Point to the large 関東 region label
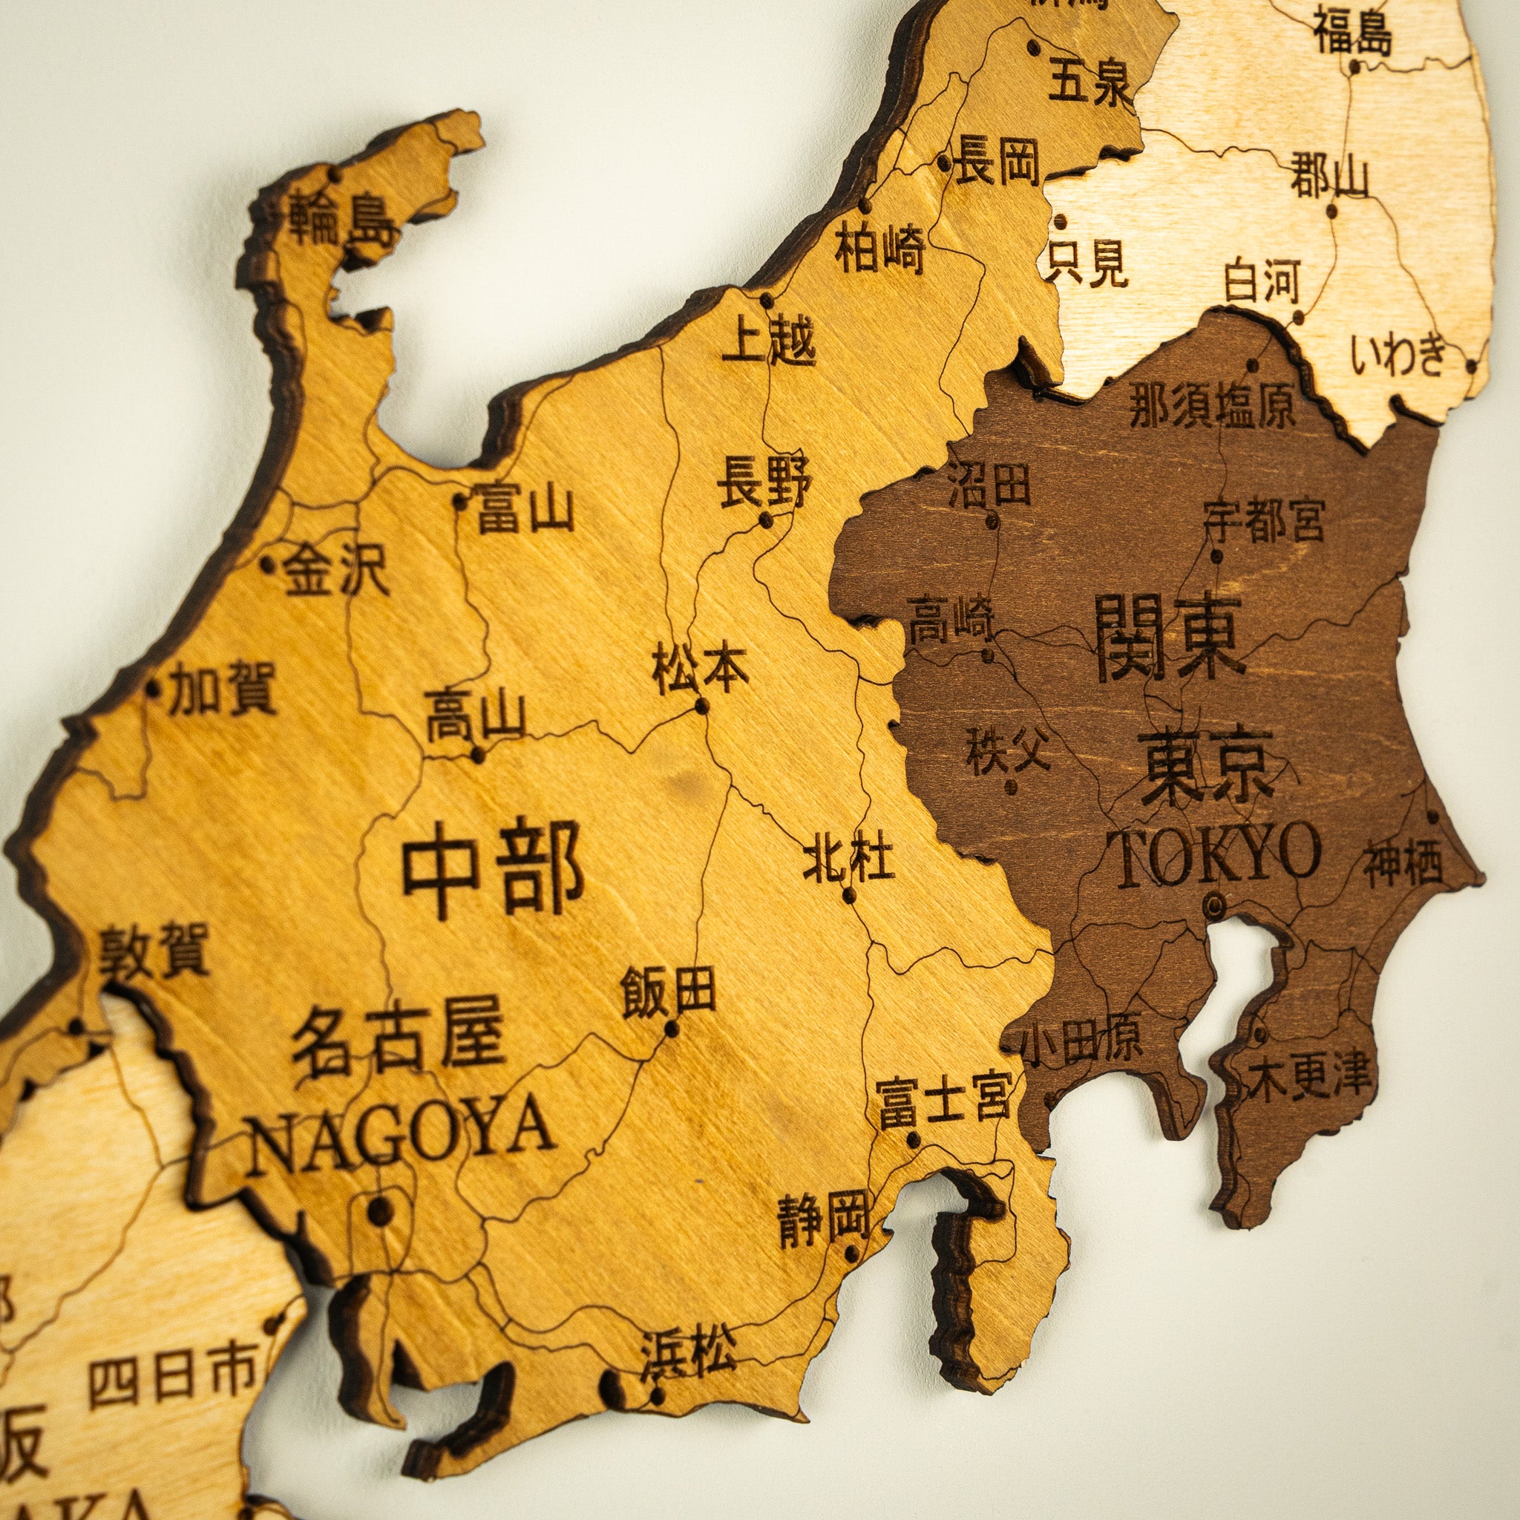tap(1169, 638)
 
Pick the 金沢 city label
tap(337, 571)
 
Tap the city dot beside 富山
tap(460, 499)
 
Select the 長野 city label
tap(763, 482)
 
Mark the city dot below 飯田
tap(671, 1028)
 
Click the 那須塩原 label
tap(1211, 407)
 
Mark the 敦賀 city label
tap(154, 951)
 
